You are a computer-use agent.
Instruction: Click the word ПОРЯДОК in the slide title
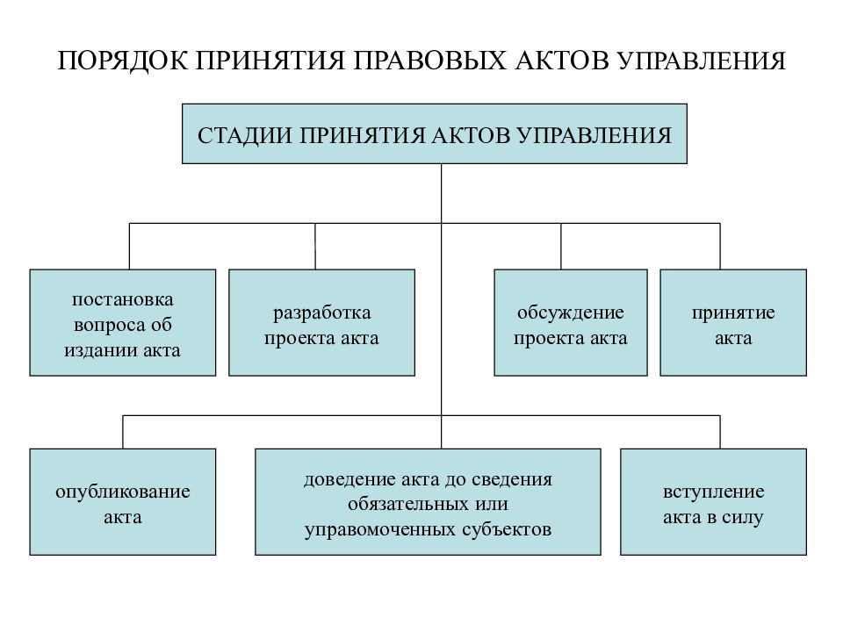pos(123,61)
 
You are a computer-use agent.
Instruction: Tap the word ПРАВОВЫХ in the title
pos(429,61)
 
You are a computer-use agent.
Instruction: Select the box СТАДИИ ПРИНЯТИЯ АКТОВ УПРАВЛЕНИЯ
pos(435,133)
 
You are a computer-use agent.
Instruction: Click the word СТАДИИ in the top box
pos(243,135)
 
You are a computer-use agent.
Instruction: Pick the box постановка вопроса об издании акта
pos(123,322)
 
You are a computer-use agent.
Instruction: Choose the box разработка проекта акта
pos(322,322)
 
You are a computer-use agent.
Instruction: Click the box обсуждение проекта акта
pos(571,322)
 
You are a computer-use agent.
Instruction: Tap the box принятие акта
pos(733,322)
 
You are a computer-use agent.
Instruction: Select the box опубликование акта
pos(123,502)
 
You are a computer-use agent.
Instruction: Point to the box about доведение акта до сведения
pos(428,502)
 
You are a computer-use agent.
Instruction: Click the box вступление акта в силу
pos(713,502)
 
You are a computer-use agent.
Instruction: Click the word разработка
pos(322,313)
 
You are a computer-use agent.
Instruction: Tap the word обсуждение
pos(571,313)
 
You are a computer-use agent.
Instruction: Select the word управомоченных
pos(380,530)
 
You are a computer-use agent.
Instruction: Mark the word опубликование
pos(123,492)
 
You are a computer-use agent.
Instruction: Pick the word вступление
pos(713,492)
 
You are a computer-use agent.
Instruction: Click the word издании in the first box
pos(94,351)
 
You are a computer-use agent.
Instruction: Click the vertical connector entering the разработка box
pos(315,246)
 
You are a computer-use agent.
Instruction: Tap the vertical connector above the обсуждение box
pos(561,246)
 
